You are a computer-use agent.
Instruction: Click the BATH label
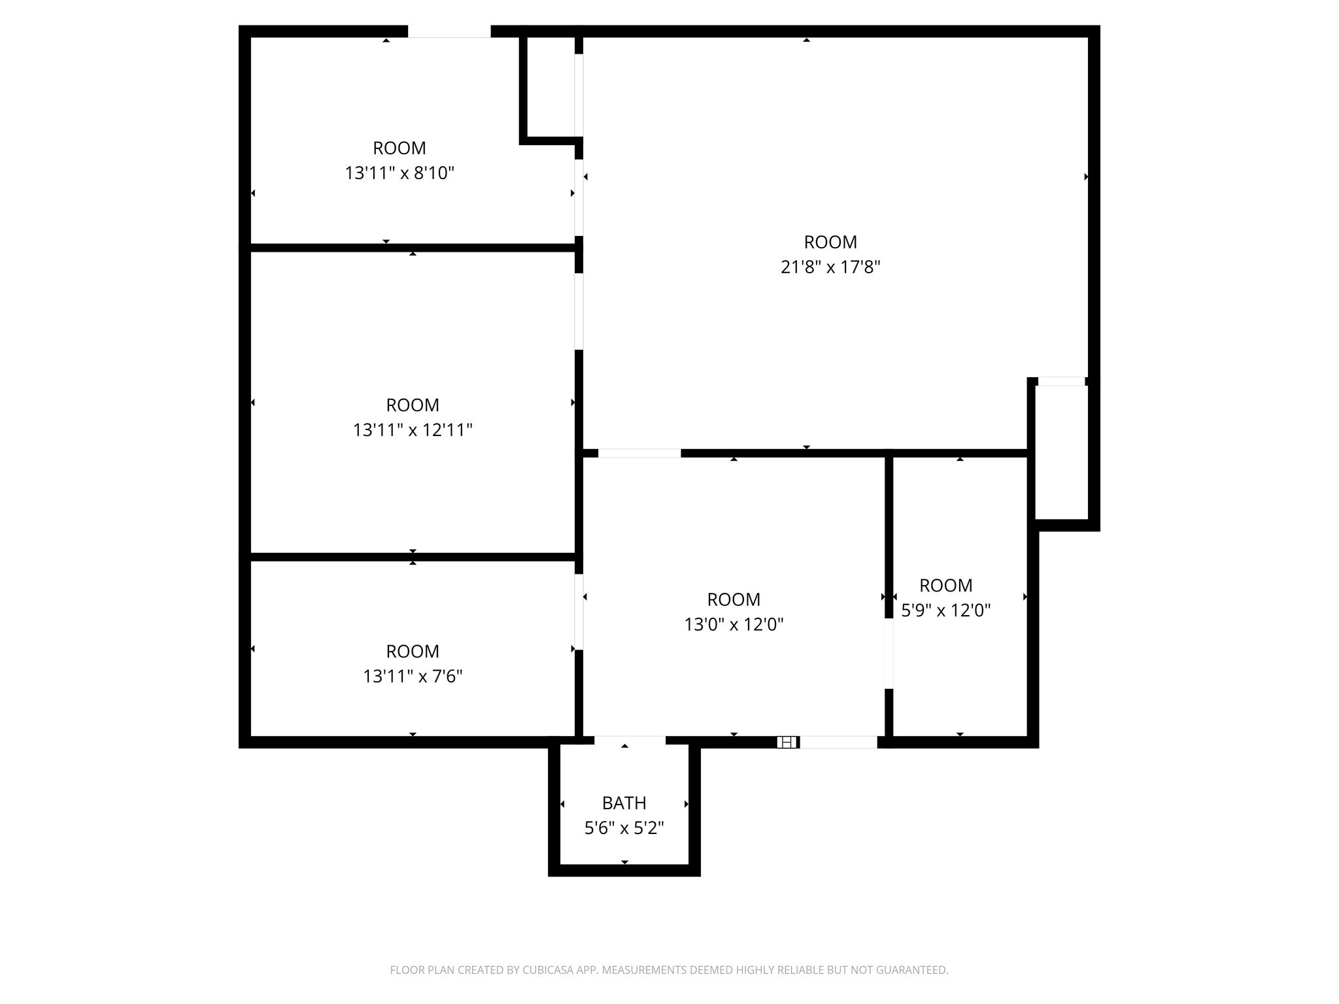click(x=624, y=803)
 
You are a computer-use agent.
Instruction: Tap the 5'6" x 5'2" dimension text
click(x=624, y=828)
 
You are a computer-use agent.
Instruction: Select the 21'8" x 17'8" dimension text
click(x=830, y=267)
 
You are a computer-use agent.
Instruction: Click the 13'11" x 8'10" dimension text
click(x=399, y=173)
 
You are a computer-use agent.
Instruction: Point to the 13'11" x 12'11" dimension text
click(x=413, y=430)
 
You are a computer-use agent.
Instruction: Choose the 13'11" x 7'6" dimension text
click(x=413, y=676)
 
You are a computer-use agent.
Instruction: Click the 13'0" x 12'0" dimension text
click(x=734, y=624)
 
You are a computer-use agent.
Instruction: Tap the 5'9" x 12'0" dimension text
click(x=945, y=610)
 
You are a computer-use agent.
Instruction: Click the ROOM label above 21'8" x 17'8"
click(x=830, y=242)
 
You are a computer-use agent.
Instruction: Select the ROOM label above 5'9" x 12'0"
click(x=945, y=585)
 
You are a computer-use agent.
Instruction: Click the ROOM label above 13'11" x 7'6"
click(x=413, y=651)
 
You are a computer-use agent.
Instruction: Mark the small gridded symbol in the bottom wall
click(x=787, y=742)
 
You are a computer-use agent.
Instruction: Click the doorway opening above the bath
click(x=630, y=740)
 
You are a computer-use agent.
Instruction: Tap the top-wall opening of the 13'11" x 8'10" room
click(x=449, y=31)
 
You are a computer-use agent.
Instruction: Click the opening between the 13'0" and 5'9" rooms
click(x=889, y=653)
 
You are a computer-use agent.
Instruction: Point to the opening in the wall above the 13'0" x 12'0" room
click(x=639, y=453)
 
